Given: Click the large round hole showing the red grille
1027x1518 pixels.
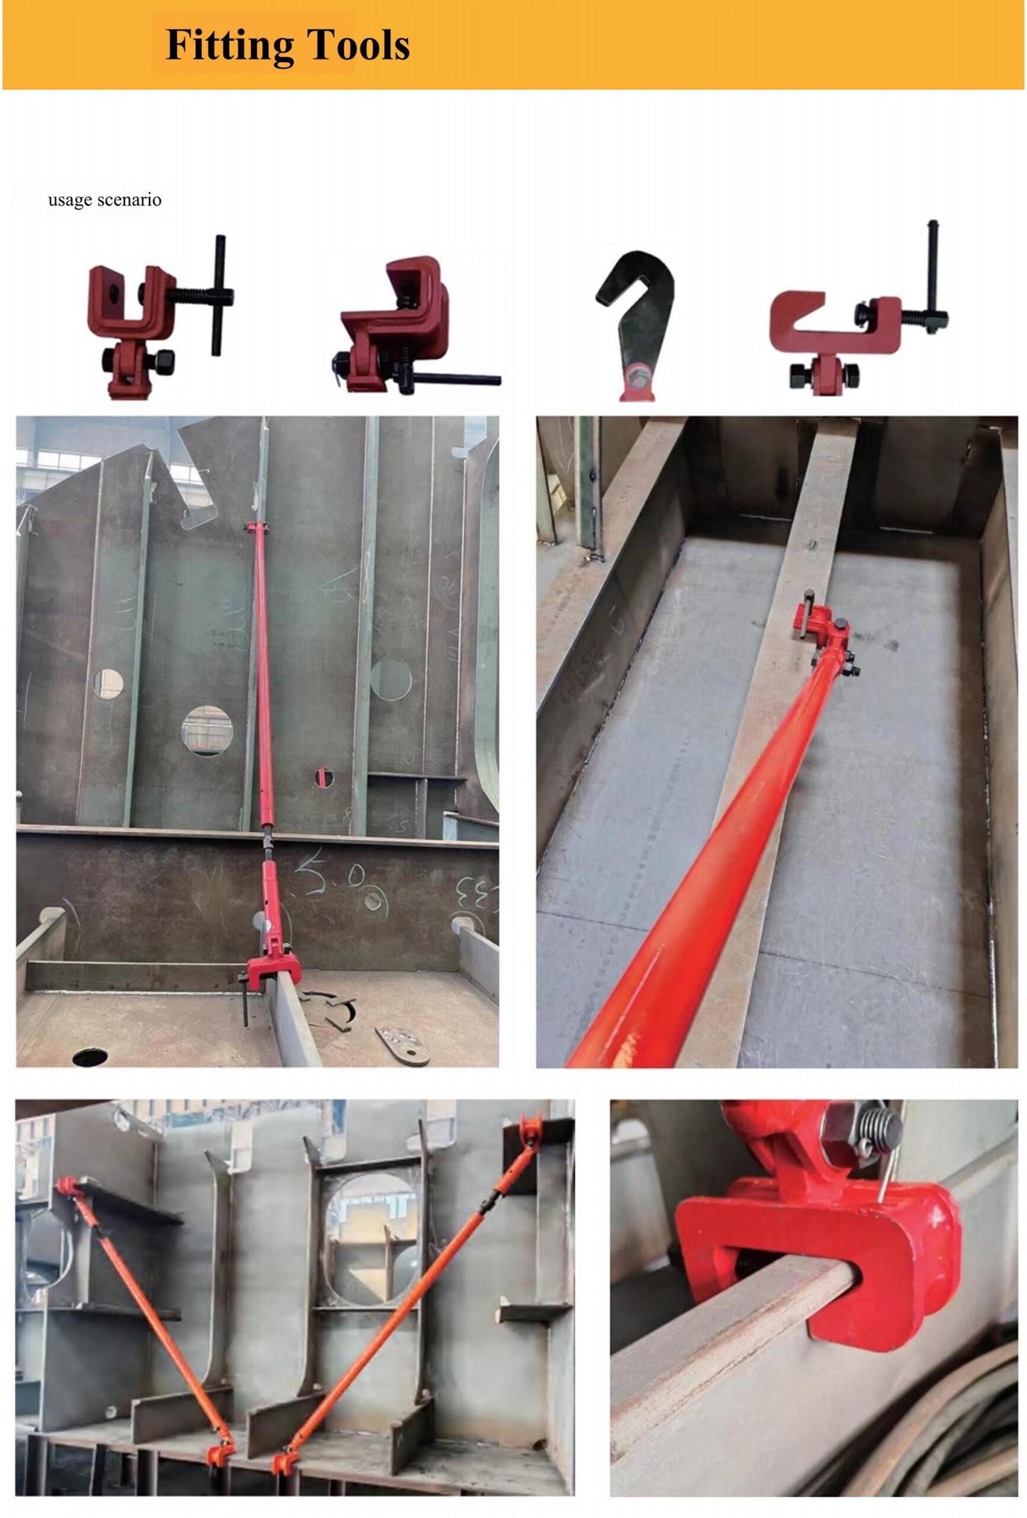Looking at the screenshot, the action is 207,731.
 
